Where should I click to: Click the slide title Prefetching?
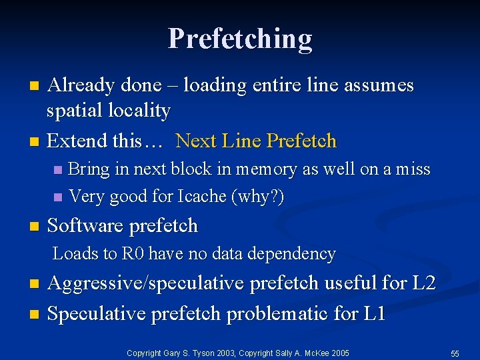pyautogui.click(x=240, y=39)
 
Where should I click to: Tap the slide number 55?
pyautogui.click(x=455, y=353)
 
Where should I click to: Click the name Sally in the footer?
pyautogui.click(x=278, y=353)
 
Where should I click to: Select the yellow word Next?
pyautogui.click(x=196, y=141)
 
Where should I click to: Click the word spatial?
pyautogui.click(x=72, y=111)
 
